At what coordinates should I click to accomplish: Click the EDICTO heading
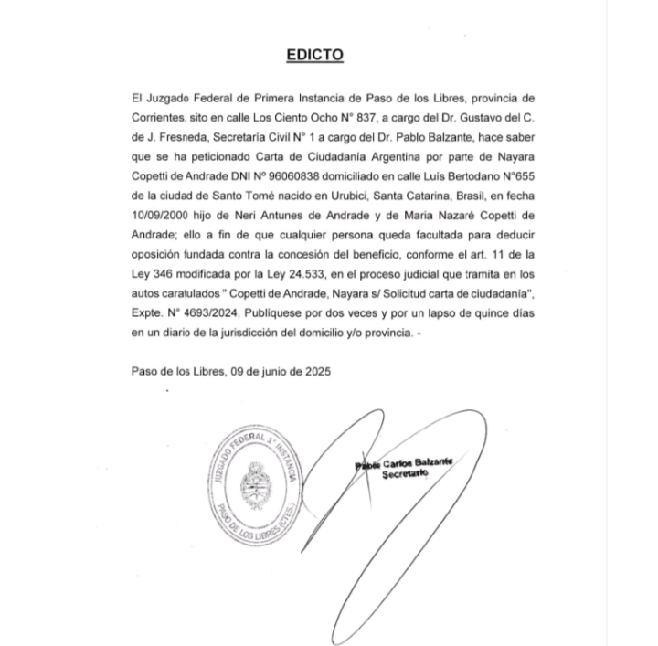point(314,55)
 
